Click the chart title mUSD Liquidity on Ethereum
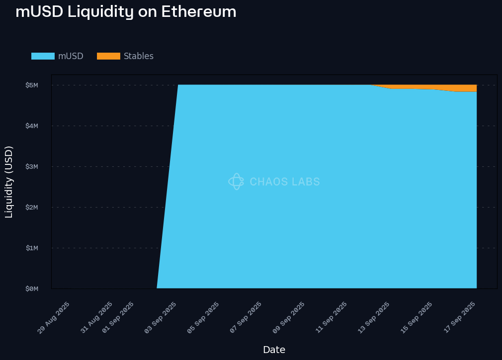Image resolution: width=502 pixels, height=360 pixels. coord(126,11)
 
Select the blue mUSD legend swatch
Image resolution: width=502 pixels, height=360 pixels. coord(43,56)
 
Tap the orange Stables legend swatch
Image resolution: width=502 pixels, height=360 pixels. coord(108,56)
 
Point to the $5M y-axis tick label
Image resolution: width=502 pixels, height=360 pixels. coord(31,85)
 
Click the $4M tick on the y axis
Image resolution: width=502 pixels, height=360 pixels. coord(31,126)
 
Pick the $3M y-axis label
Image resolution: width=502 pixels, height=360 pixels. coord(31,166)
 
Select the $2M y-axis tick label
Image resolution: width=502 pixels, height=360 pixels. coord(31,207)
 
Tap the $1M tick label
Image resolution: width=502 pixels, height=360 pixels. coord(31,248)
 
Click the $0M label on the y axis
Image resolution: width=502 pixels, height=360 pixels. coord(31,288)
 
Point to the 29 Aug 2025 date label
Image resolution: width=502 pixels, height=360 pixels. coord(54,317)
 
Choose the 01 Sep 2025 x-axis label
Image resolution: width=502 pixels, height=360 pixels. coord(118,317)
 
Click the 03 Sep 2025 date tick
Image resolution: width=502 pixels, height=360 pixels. coord(161,317)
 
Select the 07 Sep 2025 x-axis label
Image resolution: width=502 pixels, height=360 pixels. coord(246,317)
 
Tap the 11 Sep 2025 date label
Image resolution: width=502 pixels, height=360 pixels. coord(332,317)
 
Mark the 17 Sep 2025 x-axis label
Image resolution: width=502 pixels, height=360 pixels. coord(460,317)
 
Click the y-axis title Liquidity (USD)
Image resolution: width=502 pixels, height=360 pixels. coord(9,182)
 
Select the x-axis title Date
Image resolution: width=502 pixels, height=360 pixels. coord(274,350)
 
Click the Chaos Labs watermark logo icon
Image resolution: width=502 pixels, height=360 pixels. coord(236,182)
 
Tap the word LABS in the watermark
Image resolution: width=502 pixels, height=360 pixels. coord(306,182)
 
